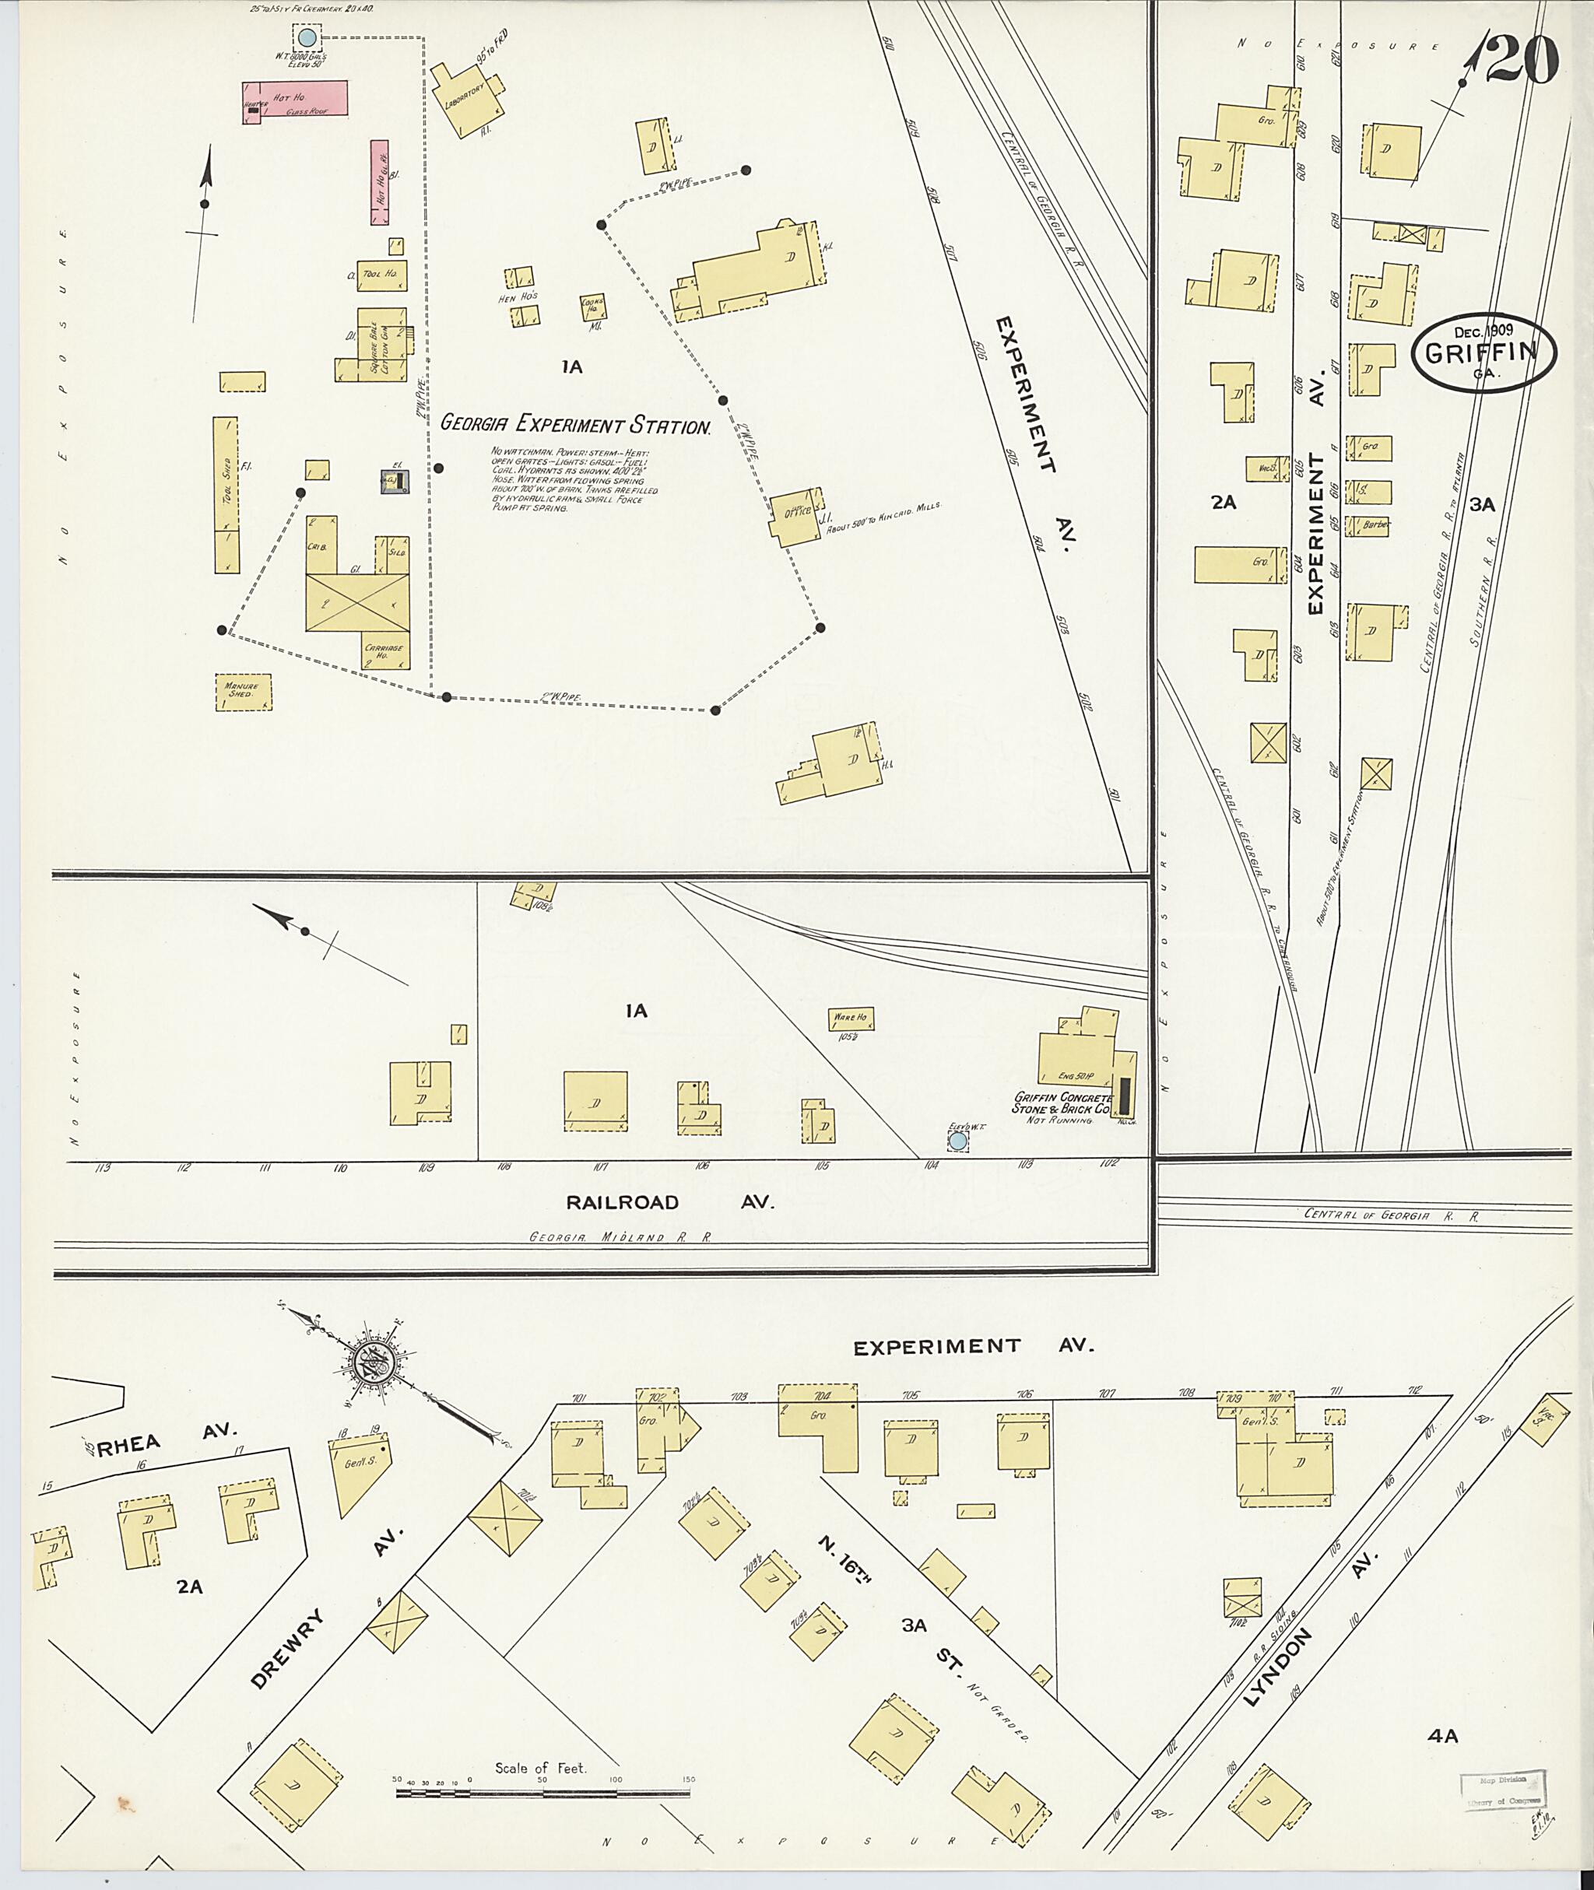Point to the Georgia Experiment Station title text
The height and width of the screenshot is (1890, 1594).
pos(574,424)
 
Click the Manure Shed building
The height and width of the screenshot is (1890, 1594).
pos(242,691)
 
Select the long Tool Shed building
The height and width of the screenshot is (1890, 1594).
pos(226,494)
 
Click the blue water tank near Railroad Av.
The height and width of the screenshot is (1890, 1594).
pos(958,1142)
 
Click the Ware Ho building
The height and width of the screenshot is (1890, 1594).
pos(850,1019)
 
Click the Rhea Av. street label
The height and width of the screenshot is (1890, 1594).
pos(165,1436)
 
